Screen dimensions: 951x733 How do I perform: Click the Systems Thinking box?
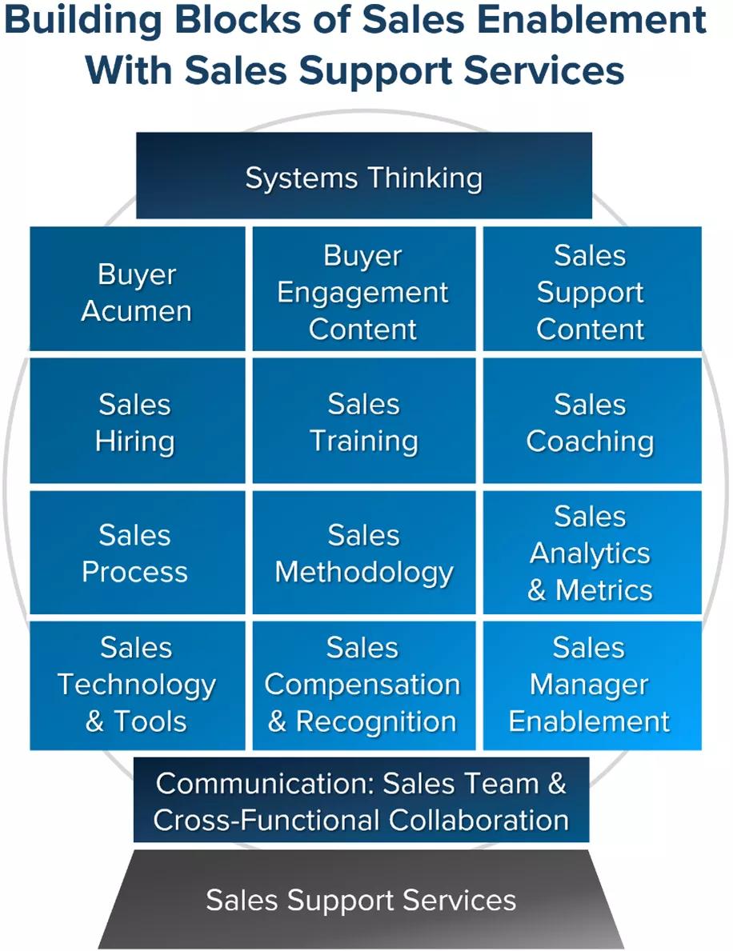click(363, 177)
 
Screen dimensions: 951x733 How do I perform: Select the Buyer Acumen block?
click(137, 290)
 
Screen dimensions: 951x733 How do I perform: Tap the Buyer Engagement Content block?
click(363, 290)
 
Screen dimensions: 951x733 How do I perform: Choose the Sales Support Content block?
click(591, 290)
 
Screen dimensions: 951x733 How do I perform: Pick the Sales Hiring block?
click(137, 422)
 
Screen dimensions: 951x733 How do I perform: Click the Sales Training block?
click(363, 422)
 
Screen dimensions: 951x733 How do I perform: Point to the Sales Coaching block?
click(591, 422)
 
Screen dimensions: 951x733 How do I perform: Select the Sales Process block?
click(137, 553)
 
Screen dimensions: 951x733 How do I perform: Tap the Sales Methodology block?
click(363, 553)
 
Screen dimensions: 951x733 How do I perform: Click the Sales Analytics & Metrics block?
click(591, 553)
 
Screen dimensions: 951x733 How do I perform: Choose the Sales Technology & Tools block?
click(137, 685)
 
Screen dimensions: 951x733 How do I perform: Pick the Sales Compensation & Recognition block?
click(363, 685)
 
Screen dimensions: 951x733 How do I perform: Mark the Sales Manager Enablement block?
click(591, 685)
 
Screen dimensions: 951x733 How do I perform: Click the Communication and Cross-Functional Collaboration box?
click(362, 801)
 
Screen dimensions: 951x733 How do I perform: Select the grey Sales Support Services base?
click(362, 900)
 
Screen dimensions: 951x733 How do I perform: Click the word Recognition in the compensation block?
click(376, 721)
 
